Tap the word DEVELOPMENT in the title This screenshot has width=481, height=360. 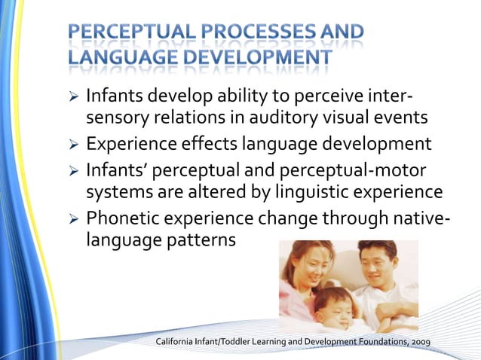coord(255,57)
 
